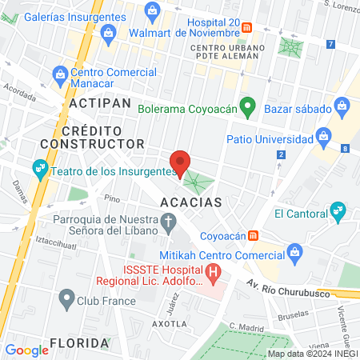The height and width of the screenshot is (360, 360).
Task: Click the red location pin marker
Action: [x=181, y=162]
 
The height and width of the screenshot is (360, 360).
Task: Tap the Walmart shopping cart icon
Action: [x=152, y=10]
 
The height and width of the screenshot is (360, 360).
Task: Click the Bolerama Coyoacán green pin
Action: [x=249, y=105]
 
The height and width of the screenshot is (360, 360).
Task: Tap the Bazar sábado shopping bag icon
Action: [x=342, y=105]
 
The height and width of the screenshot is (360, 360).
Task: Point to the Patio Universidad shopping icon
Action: [x=324, y=134]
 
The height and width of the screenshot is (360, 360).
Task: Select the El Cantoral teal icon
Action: [x=339, y=212]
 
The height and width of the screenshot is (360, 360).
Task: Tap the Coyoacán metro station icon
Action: [x=254, y=235]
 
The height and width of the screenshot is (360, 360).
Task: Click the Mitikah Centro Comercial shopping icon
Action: [x=295, y=254]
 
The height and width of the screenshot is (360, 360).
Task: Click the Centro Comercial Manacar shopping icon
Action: [x=59, y=75]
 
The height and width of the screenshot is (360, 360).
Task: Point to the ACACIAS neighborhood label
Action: [x=190, y=202]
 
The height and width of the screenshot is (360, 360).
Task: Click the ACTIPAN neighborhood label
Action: [x=99, y=104]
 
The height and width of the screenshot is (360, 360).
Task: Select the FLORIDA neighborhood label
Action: [x=78, y=343]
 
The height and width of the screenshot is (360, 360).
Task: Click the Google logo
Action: [x=26, y=350]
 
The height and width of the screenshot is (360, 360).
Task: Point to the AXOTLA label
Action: [x=169, y=324]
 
